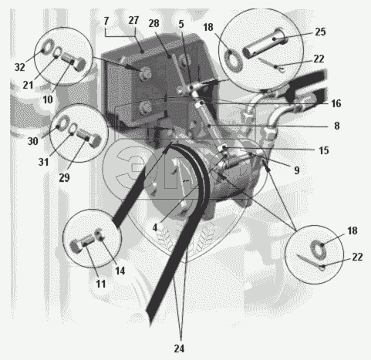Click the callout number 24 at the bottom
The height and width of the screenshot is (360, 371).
[179, 348]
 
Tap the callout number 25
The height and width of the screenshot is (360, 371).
[320, 32]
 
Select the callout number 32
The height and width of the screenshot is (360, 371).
[20, 67]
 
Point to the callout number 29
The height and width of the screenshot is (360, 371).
[64, 177]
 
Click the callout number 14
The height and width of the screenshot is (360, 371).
[120, 271]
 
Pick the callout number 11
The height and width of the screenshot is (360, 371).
[101, 284]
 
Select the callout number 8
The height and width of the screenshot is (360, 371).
[337, 126]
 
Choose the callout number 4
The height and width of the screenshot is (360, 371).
[155, 227]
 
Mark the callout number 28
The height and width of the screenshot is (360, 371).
[153, 23]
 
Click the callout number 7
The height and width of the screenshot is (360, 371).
[106, 21]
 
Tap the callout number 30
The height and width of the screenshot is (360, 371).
[32, 141]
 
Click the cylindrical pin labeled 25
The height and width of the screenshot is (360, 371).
[265, 43]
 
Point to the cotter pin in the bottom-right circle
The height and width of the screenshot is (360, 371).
[311, 263]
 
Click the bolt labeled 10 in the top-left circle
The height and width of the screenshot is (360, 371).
[73, 62]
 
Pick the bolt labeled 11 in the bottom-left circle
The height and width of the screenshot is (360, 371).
[82, 244]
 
